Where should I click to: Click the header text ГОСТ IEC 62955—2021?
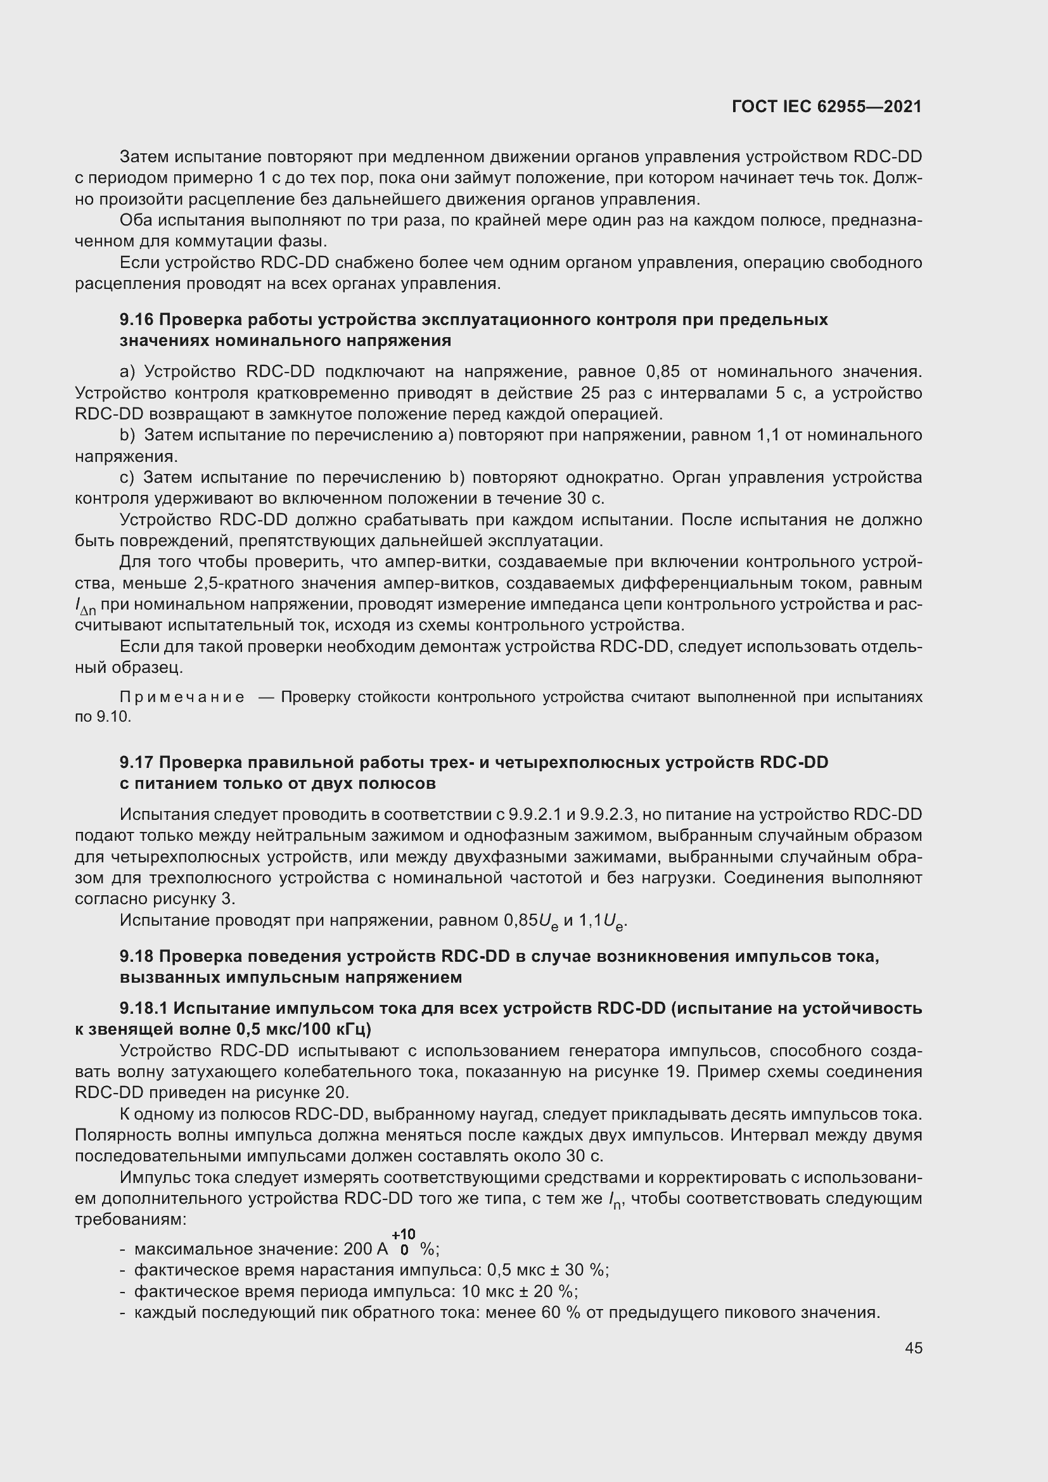pos(827,107)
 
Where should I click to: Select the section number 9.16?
pos(136,319)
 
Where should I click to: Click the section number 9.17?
pos(136,762)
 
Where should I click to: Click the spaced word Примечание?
pos(182,697)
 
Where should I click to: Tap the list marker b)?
pos(127,435)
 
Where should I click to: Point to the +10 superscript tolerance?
pos(404,1235)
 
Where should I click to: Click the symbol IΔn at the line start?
pos(84,606)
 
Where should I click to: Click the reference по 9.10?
pos(103,717)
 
